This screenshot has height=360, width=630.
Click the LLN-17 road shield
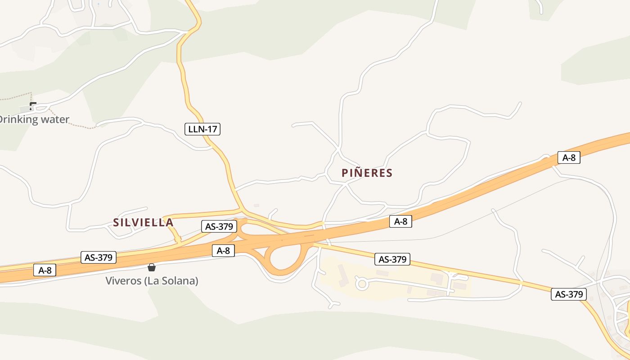pos(202,129)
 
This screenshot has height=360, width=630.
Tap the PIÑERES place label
pos(367,173)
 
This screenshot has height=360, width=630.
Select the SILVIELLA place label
pos(143,222)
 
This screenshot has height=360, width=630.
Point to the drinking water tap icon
pos(32,106)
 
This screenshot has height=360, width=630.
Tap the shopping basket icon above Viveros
pos(152,267)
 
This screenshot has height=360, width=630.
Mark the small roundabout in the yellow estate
pos(362,283)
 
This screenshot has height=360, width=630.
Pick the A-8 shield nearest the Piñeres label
pos(400,221)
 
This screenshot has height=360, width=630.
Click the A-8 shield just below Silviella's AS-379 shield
pos(223,251)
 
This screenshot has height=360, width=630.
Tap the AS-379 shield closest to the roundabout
pos(392,259)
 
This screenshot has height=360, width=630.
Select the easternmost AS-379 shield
pos(569,294)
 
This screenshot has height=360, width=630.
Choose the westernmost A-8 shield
pos(45,270)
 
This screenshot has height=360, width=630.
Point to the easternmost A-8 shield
pos(569,157)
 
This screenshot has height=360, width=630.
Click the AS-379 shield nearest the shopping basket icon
pos(99,257)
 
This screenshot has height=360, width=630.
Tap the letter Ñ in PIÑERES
pos(358,173)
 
